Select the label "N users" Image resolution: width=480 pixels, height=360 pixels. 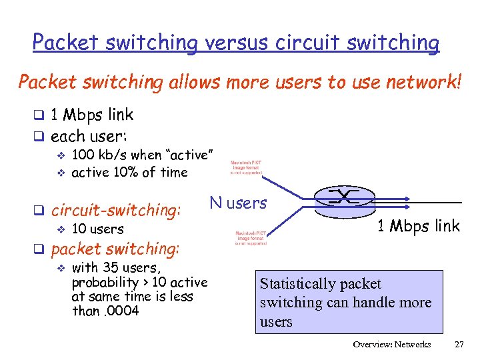(238, 202)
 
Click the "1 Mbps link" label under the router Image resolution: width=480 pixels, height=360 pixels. (418, 226)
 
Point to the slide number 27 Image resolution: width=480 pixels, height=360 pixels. (459, 345)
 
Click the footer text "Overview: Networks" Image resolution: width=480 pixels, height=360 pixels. (392, 345)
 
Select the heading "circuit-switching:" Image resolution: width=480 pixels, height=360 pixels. (116, 211)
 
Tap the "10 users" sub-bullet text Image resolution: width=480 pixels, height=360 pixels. (97, 229)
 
